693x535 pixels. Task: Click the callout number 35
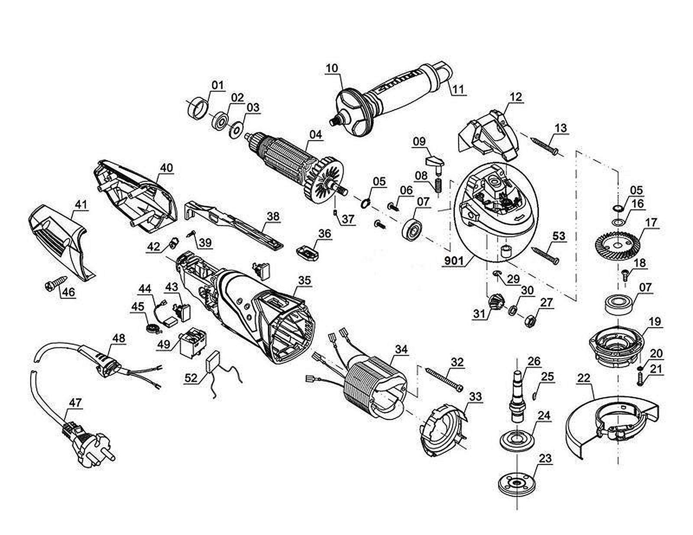pos(304,280)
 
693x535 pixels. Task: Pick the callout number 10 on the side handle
pos(332,68)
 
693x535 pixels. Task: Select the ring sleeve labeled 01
pos(197,108)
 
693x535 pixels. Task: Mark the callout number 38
pos(273,216)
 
